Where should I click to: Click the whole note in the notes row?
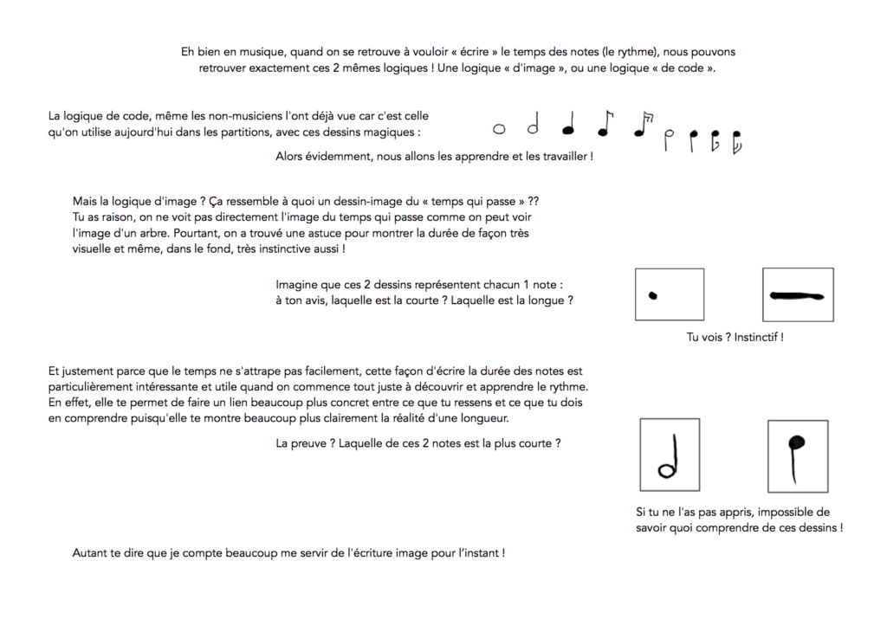(499, 130)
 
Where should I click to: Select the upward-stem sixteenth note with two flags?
(642, 126)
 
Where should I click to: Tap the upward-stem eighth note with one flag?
(605, 126)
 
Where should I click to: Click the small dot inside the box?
(653, 295)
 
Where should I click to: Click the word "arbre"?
(173, 233)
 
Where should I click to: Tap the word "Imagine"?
(298, 284)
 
